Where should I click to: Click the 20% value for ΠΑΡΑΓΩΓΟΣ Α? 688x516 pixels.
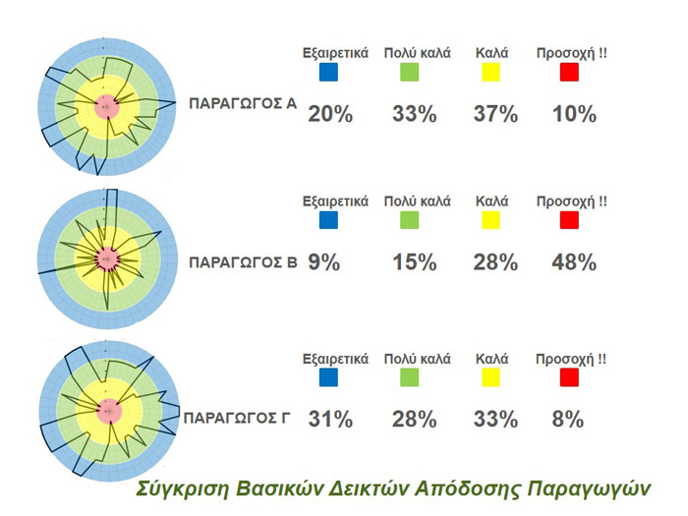(x=330, y=114)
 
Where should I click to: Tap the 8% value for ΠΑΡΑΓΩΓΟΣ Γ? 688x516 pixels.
(x=568, y=420)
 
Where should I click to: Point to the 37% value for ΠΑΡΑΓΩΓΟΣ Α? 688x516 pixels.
(x=494, y=114)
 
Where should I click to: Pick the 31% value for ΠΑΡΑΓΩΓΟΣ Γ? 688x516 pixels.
(x=330, y=420)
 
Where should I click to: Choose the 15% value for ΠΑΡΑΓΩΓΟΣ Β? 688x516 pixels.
(x=414, y=262)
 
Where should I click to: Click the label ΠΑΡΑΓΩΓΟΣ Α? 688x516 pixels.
(x=242, y=102)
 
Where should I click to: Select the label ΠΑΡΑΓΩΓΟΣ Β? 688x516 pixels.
(x=242, y=262)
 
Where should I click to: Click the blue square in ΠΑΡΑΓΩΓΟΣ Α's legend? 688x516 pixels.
(x=328, y=72)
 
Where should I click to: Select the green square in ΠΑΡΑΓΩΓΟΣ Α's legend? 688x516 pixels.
(x=410, y=72)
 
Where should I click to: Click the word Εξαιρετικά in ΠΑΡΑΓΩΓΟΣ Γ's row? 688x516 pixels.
(x=335, y=358)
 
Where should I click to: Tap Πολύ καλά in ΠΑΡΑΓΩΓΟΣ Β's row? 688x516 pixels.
(x=417, y=201)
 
